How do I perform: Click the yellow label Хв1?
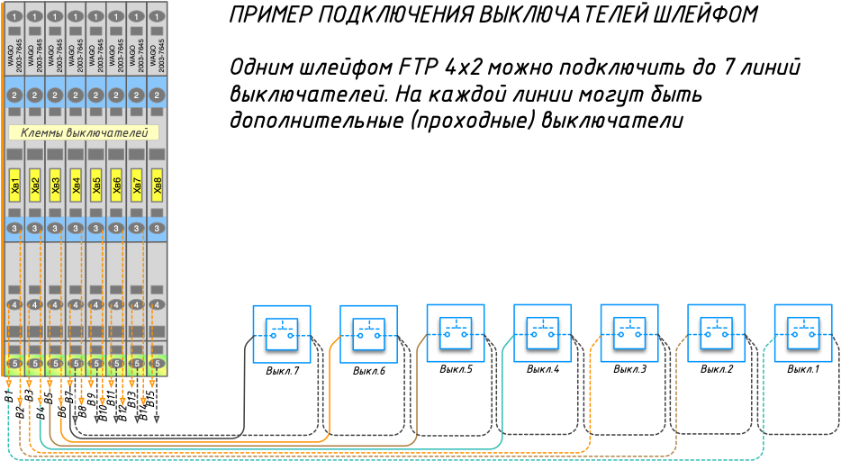(14, 186)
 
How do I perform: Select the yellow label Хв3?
(56, 186)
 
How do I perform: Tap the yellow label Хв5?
(96, 186)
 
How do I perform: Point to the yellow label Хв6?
(117, 186)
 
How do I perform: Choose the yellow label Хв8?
(158, 186)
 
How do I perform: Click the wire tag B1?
(7, 397)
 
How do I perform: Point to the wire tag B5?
(50, 397)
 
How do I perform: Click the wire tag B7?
(70, 397)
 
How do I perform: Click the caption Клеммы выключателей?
(84, 133)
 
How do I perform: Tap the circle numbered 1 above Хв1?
(14, 16)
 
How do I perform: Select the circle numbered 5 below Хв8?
(158, 364)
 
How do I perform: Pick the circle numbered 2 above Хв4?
(77, 95)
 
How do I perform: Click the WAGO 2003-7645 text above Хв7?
(137, 54)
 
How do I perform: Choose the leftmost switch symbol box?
(282, 334)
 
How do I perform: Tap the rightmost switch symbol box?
(803, 334)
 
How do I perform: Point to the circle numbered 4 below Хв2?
(35, 304)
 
